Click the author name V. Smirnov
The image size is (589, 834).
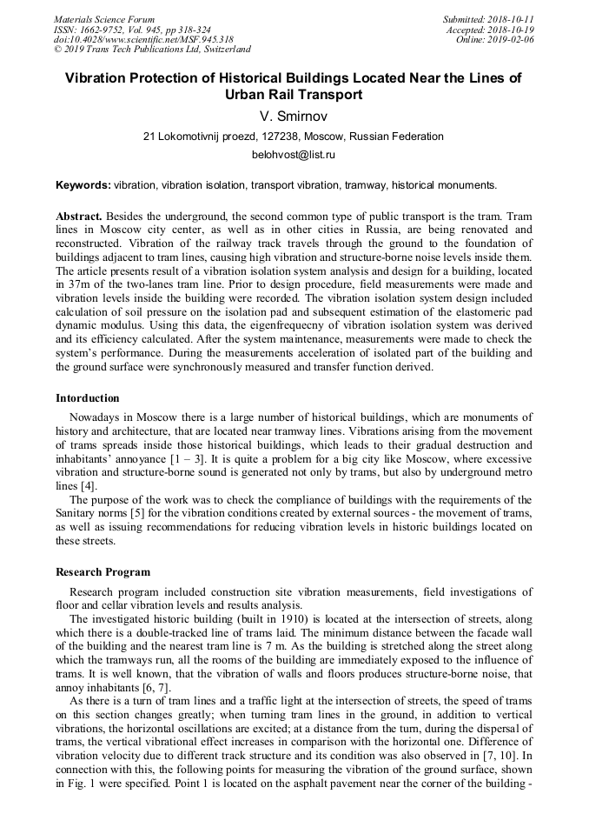(x=294, y=116)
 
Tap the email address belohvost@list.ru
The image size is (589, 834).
(x=294, y=155)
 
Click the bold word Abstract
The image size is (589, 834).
(x=79, y=216)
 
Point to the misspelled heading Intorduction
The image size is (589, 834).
(x=88, y=398)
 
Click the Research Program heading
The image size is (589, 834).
(x=103, y=572)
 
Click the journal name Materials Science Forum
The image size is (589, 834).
(x=104, y=19)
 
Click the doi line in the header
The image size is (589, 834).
(x=143, y=40)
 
